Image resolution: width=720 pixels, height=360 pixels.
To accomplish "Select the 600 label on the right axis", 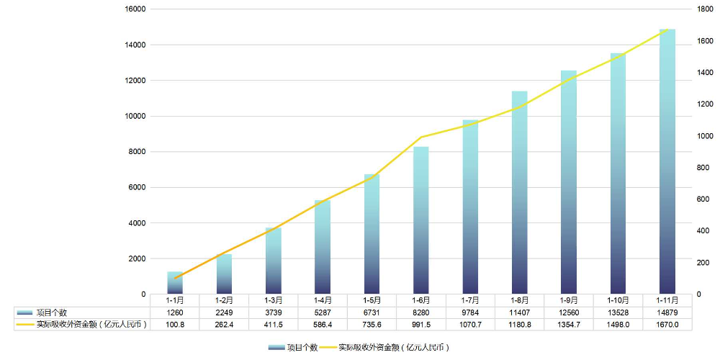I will [x=702, y=199].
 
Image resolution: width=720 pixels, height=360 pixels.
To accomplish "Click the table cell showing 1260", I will [x=175, y=312].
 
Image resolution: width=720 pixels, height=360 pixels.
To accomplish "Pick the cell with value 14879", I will [x=667, y=312].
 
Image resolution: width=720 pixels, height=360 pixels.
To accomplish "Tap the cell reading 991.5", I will [x=421, y=325].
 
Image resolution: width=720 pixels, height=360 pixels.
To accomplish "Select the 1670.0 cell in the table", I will [x=667, y=325].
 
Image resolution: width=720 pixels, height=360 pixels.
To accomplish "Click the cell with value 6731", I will [x=372, y=312].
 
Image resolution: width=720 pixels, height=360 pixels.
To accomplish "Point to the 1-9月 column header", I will [x=569, y=300].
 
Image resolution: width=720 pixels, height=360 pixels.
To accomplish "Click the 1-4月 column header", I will [x=323, y=300].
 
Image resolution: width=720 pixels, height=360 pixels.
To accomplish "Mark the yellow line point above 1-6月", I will [x=421, y=138].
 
